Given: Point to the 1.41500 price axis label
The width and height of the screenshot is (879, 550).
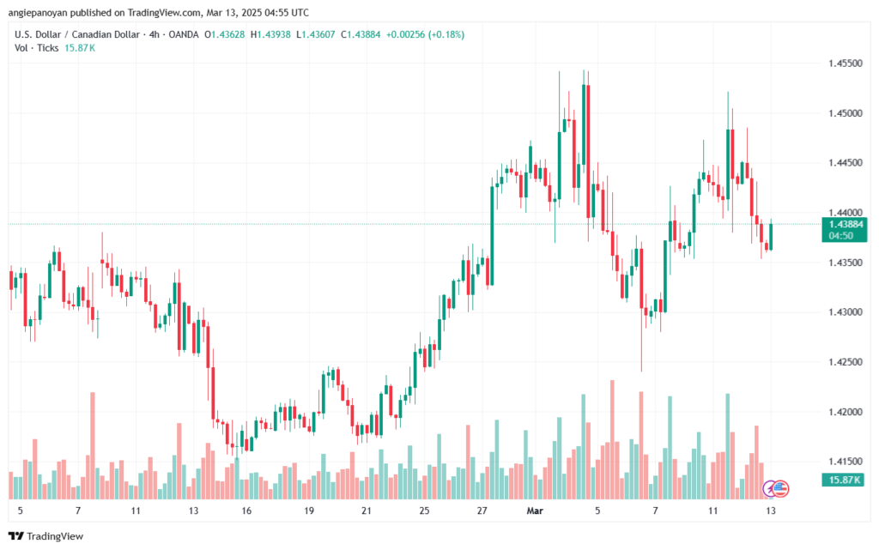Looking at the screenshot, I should (x=844, y=462).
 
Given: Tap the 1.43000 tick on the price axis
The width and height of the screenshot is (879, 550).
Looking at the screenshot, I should (x=844, y=312).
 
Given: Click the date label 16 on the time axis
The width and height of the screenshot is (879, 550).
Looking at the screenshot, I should (x=246, y=511).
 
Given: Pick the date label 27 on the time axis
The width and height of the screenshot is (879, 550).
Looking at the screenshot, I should (x=482, y=511).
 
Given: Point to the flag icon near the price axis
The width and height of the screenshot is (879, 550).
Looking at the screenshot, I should (x=780, y=488).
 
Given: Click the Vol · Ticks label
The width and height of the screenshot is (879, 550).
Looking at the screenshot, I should (x=36, y=47).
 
